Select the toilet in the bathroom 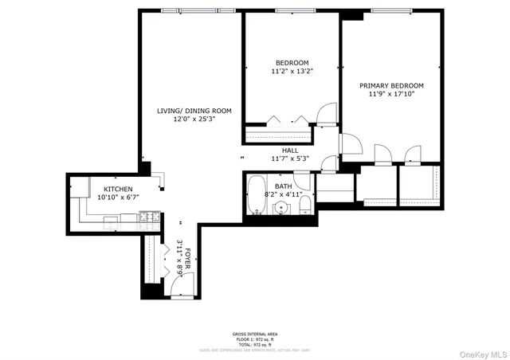[x=304, y=206]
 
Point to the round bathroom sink [x=280, y=208]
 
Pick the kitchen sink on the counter [x=110, y=220]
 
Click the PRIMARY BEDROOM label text [x=390, y=85]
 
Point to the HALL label [x=290, y=150]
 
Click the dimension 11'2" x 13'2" [x=292, y=71]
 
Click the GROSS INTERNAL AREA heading [x=255, y=334]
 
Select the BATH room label [x=284, y=186]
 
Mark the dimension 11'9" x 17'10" [x=390, y=93]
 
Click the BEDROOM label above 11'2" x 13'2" [x=292, y=63]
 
